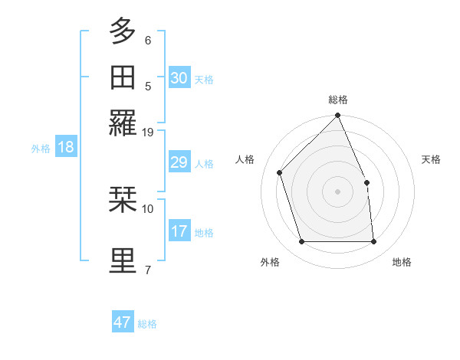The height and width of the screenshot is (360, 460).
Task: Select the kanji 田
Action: point(123,78)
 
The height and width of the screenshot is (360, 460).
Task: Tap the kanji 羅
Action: point(123,123)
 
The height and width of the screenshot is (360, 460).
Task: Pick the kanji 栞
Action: point(123,201)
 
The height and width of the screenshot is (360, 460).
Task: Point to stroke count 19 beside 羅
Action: point(148,132)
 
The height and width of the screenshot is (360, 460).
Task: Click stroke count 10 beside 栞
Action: point(148,208)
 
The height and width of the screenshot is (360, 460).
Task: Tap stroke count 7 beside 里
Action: point(148,270)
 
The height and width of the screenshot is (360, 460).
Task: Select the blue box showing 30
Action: point(179,78)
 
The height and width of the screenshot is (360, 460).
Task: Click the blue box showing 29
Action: point(179,162)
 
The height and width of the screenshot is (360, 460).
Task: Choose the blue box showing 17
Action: point(179,231)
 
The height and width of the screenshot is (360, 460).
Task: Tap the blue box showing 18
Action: point(65,147)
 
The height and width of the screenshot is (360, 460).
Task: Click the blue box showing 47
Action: point(123,322)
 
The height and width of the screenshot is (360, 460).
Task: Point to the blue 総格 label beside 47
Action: point(147,324)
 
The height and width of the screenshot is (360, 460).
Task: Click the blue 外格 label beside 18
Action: point(41,149)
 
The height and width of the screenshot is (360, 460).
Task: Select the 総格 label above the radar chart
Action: point(338,100)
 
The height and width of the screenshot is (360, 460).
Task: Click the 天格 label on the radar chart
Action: point(432,159)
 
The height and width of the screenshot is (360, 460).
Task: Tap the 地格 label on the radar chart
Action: point(402,263)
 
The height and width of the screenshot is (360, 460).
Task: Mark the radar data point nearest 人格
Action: point(280,172)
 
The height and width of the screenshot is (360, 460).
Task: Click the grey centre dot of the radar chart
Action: point(337,191)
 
